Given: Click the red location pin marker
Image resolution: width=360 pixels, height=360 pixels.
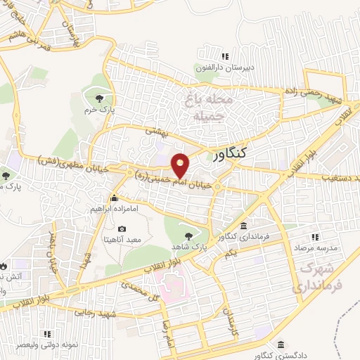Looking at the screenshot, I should [181, 165].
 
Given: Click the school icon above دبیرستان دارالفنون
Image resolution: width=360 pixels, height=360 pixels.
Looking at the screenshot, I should [225, 56].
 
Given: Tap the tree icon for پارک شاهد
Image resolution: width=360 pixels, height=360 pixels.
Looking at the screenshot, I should [187, 236].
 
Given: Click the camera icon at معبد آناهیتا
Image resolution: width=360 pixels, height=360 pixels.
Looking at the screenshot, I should [122, 229].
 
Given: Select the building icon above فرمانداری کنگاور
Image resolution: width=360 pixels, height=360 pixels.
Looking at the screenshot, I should [243, 226].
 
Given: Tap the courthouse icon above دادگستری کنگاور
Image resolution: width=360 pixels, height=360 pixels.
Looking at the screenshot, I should [282, 346].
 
